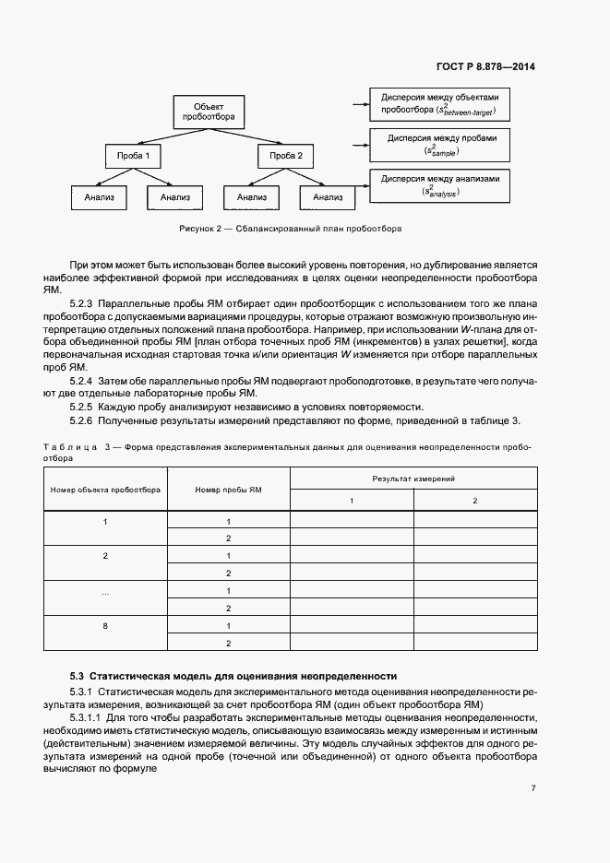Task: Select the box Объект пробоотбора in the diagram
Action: coord(202,112)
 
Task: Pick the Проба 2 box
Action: coord(285,156)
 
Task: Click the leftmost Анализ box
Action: coord(98,196)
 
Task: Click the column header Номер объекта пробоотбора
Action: coord(105,490)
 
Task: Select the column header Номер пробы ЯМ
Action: coord(228,490)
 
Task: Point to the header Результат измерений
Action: coord(413,479)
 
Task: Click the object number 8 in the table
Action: coord(105,626)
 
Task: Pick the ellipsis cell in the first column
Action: coord(105,591)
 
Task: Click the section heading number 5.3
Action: coord(77,675)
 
